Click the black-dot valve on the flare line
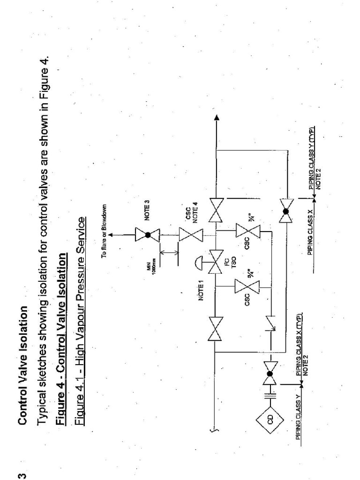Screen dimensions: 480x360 pyautogui.click(x=148, y=235)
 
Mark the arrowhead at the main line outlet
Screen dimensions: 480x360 pyautogui.click(x=217, y=118)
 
